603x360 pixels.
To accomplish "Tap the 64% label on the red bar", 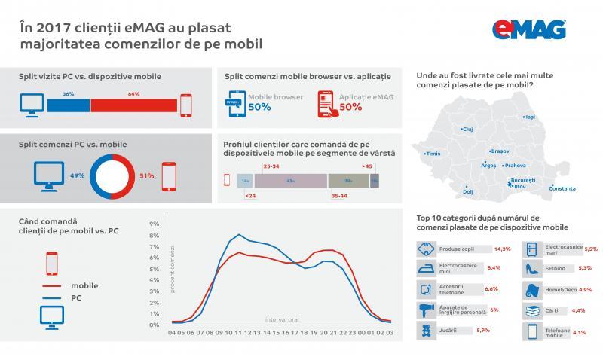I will point(134,94).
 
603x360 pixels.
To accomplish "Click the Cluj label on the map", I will point(467,129).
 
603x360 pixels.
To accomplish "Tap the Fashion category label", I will point(556,267).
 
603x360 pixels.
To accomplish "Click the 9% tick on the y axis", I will point(154,224).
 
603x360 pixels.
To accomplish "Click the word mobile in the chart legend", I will point(84,285).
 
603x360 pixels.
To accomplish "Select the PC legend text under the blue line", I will point(76,298).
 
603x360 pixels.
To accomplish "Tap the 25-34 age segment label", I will point(271,165).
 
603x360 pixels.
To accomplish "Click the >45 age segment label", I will point(366,165).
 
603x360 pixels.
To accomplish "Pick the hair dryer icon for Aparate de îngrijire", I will point(426,310).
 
